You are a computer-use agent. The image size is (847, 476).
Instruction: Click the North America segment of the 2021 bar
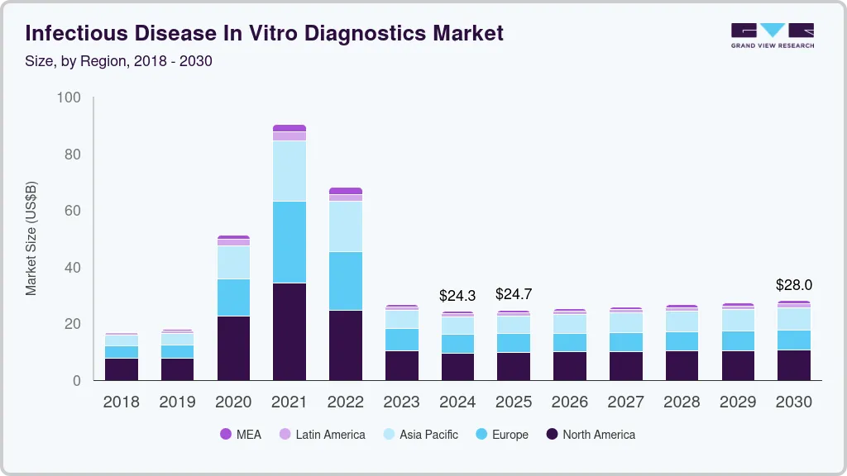(290, 331)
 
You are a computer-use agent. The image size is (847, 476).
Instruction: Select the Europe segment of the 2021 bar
(290, 242)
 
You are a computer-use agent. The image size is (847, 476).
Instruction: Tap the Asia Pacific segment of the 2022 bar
(346, 226)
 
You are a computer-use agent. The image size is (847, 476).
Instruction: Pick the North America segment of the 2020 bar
(233, 348)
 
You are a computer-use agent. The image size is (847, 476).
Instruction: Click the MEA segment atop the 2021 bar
(290, 128)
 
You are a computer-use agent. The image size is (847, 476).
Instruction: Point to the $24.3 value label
(457, 295)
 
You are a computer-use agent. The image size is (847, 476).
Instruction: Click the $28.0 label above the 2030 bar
(794, 285)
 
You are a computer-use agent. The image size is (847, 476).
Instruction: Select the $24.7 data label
(514, 293)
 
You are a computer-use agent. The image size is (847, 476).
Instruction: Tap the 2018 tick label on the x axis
(121, 402)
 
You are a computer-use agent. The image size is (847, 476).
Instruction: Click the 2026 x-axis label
(570, 402)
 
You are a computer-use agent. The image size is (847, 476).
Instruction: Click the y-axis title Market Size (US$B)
(31, 238)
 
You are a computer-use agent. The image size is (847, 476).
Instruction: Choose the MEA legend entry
(240, 435)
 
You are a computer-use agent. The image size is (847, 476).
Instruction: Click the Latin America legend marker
(285, 435)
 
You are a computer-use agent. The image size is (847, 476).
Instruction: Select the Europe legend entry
(501, 435)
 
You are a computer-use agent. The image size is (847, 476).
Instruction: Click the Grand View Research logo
(772, 35)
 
